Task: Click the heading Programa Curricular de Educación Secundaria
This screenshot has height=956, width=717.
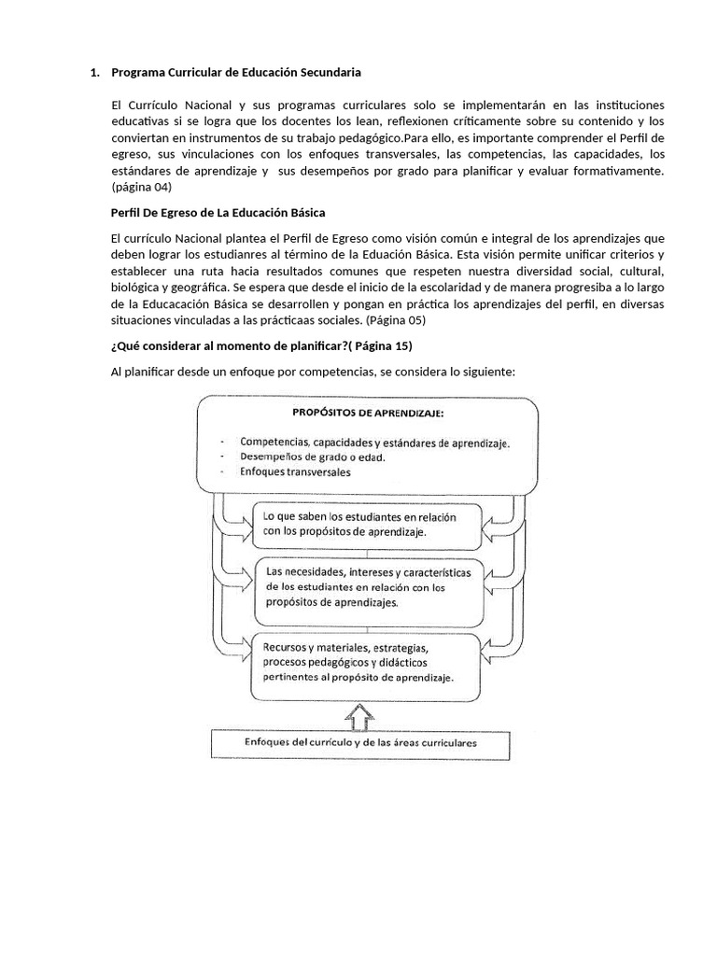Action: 235,72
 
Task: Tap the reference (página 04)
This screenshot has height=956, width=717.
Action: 142,188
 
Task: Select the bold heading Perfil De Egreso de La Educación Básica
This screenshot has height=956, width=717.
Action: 218,213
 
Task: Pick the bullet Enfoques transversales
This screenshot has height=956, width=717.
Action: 295,473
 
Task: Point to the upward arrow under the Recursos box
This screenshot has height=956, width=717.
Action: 359,717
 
